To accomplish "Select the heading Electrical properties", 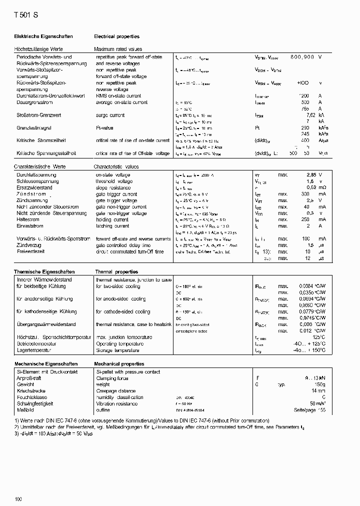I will (x=116, y=36).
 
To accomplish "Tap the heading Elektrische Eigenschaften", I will (x=43, y=36).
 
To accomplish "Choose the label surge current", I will (x=110, y=115).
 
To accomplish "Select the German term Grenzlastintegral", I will (x=35, y=128).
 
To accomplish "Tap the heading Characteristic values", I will (x=116, y=166).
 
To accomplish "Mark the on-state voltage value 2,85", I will (x=311, y=175).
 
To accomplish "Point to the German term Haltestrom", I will (x=28, y=219).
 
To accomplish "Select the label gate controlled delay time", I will (x=123, y=245).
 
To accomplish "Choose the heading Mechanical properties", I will (x=119, y=364).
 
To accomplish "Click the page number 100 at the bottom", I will (x=18, y=499).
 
